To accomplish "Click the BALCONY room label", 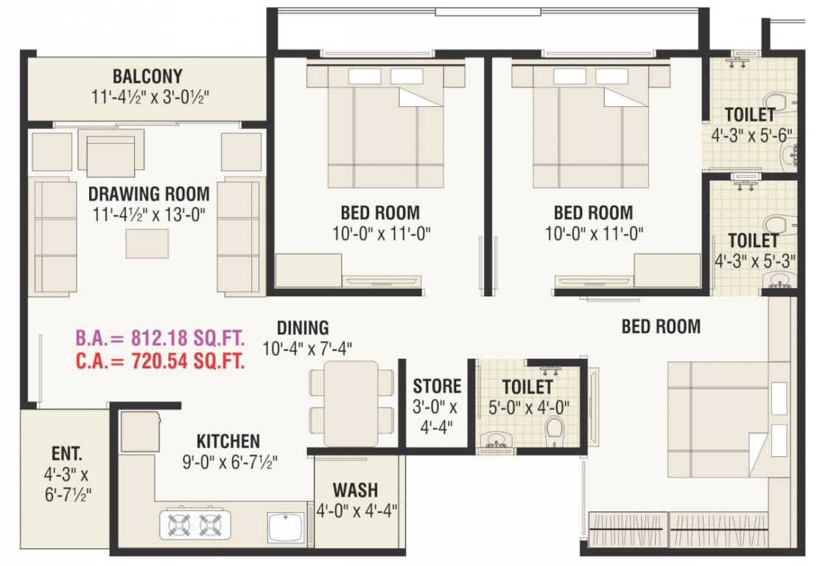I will point(147,77).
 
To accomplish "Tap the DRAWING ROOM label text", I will point(149,195).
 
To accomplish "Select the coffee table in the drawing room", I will point(146,243).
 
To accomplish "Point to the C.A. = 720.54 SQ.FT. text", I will point(160,361).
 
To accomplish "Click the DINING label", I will point(303,328).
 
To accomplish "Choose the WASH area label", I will point(355,490).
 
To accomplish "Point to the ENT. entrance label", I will point(67,453).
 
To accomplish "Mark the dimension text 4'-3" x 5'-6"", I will point(750,136).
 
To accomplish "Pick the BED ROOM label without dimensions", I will point(661,326).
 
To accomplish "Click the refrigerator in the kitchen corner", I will point(139,431).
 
